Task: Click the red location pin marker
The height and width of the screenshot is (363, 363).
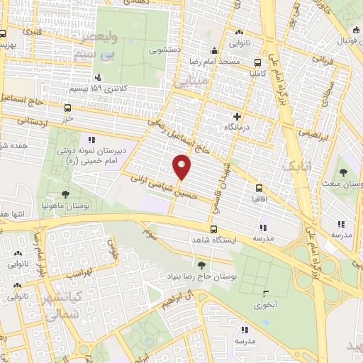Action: (182, 167)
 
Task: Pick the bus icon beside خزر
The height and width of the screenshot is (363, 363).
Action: (68, 108)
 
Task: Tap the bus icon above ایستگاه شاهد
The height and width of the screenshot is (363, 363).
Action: (214, 228)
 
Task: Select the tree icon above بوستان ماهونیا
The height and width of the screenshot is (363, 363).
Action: (66, 194)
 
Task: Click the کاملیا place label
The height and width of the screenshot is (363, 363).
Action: (255, 72)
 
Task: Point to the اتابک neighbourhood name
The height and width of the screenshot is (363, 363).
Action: (296, 167)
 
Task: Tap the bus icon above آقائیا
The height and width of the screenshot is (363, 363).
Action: (258, 189)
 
